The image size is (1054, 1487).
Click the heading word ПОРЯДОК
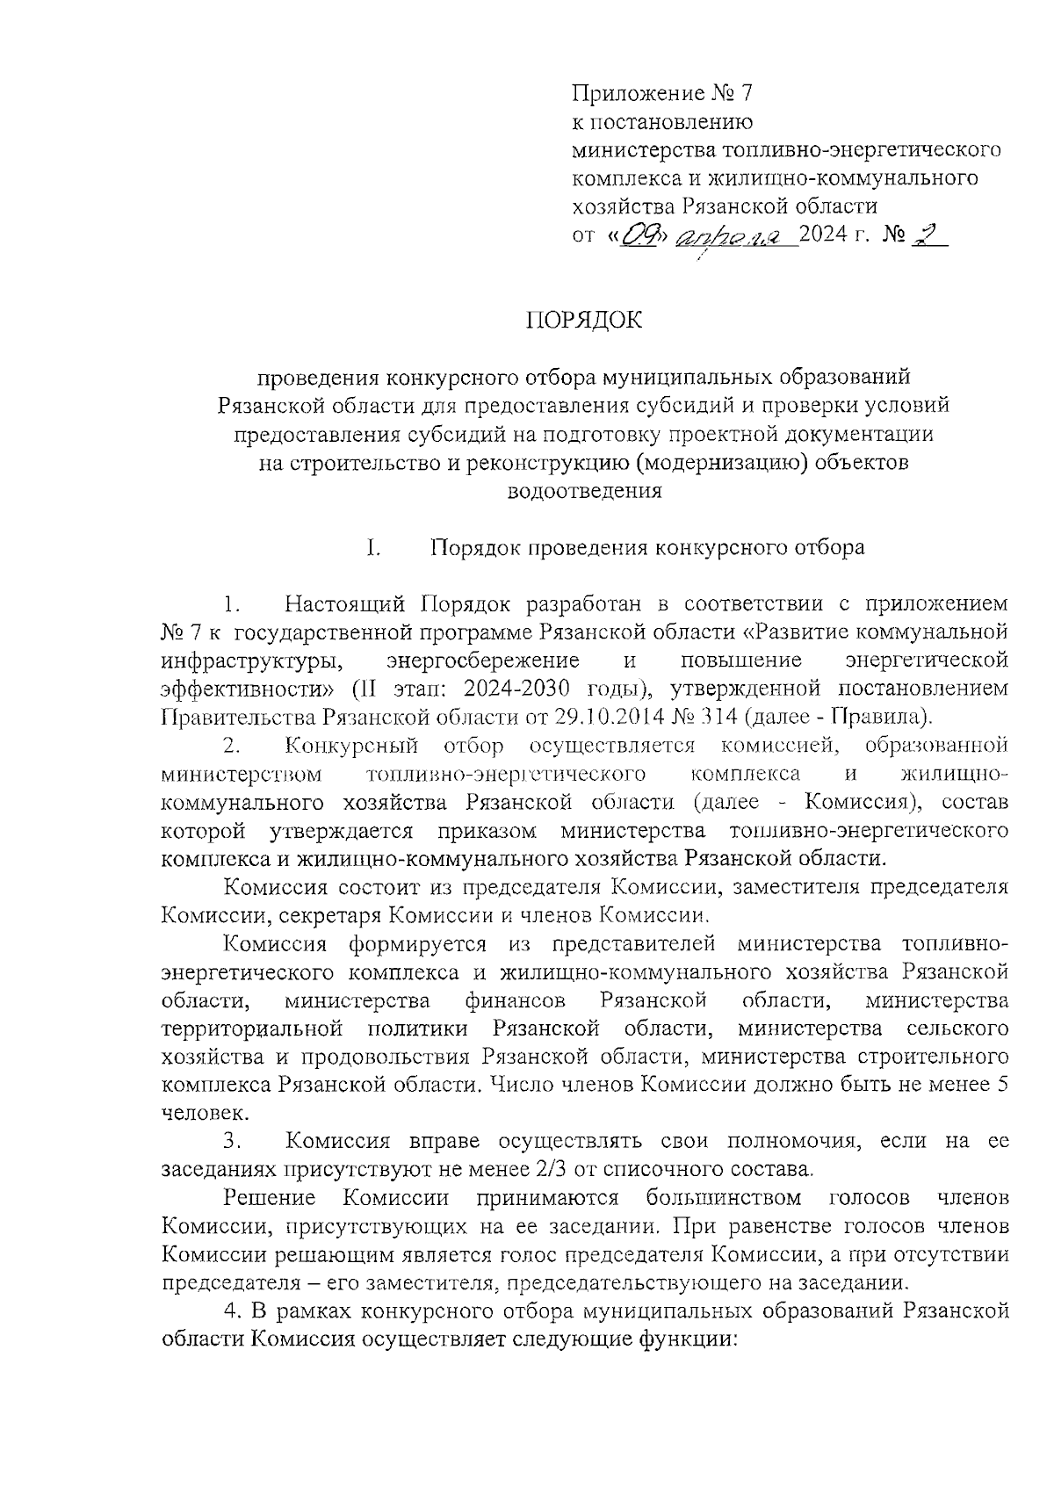[584, 320]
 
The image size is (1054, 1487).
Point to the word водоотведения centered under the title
[584, 491]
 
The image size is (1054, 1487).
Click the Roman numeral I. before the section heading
[372, 548]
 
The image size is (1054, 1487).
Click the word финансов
[516, 1000]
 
